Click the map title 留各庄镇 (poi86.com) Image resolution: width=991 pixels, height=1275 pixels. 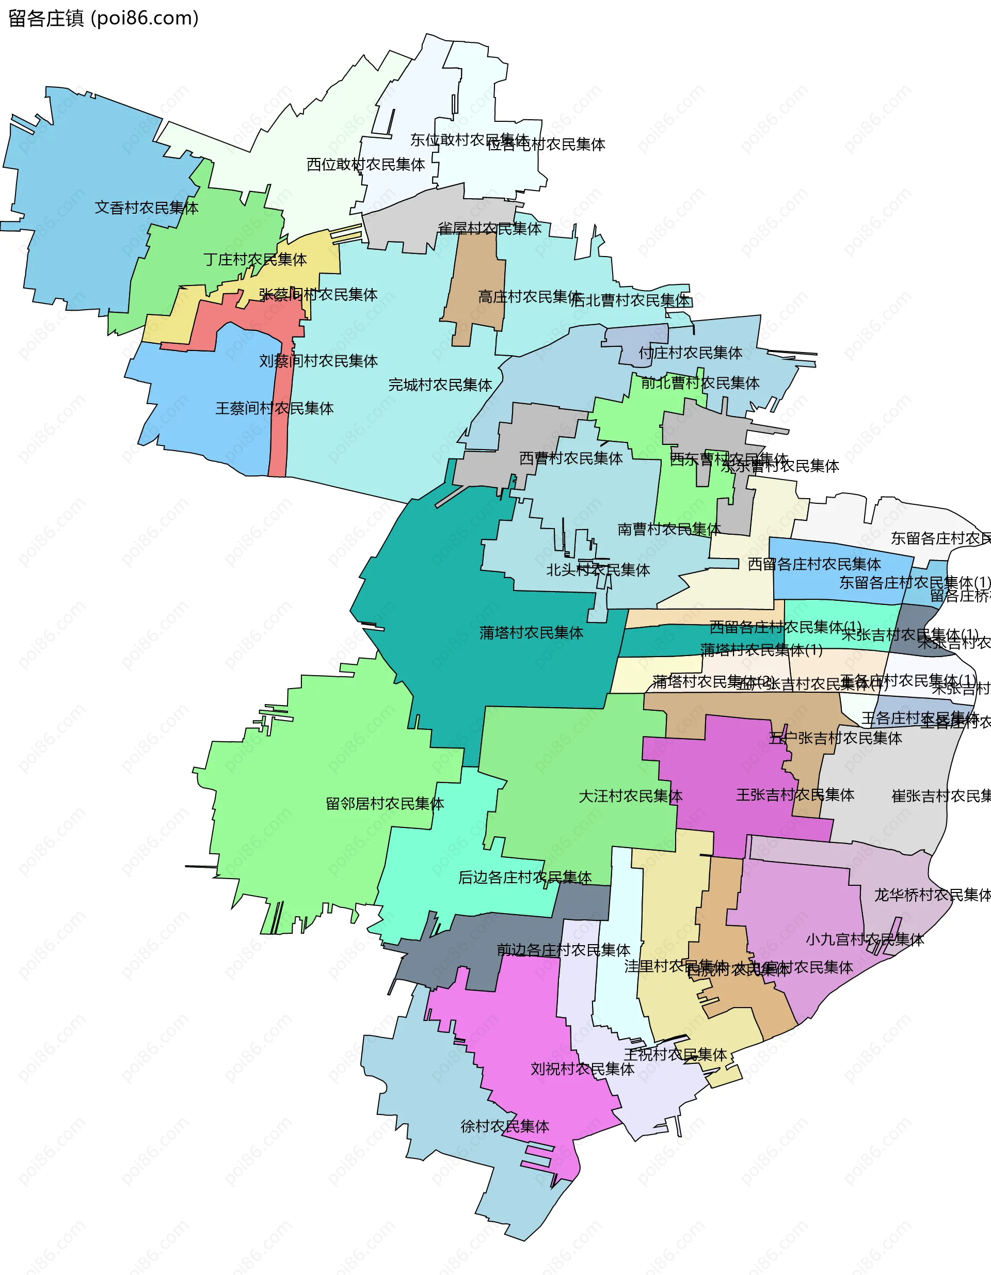(103, 19)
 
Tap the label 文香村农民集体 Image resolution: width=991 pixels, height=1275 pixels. (147, 208)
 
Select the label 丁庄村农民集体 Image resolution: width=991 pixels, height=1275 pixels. (255, 259)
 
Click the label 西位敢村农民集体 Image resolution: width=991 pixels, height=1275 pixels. (365, 165)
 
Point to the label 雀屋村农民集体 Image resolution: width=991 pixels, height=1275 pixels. (489, 228)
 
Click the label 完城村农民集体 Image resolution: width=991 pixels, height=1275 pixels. (440, 385)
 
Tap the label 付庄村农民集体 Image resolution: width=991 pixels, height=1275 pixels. (690, 353)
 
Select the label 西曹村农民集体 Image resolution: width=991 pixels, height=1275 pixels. (571, 458)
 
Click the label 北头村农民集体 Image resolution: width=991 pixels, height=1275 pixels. (598, 570)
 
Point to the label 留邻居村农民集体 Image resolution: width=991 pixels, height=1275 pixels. (385, 804)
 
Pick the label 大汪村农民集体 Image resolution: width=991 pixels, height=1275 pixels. (630, 796)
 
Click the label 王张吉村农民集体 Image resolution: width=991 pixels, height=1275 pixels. (795, 794)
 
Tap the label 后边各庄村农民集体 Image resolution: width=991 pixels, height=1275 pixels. (525, 878)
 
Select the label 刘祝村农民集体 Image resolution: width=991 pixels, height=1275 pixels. (582, 1069)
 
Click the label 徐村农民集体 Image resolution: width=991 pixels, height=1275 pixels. (505, 1126)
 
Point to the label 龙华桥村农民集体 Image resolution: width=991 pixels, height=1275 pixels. (932, 895)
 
